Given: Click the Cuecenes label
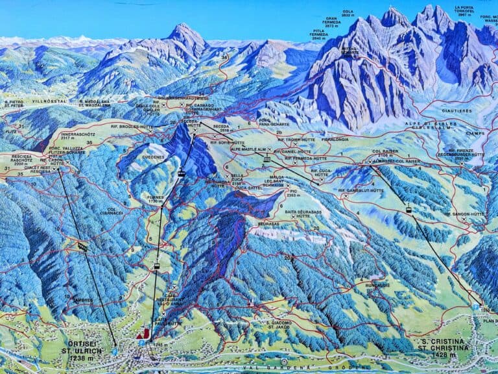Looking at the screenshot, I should [x=153, y=156].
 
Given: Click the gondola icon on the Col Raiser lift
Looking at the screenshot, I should [x=409, y=209].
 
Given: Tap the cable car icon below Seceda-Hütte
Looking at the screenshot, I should [x=182, y=173].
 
